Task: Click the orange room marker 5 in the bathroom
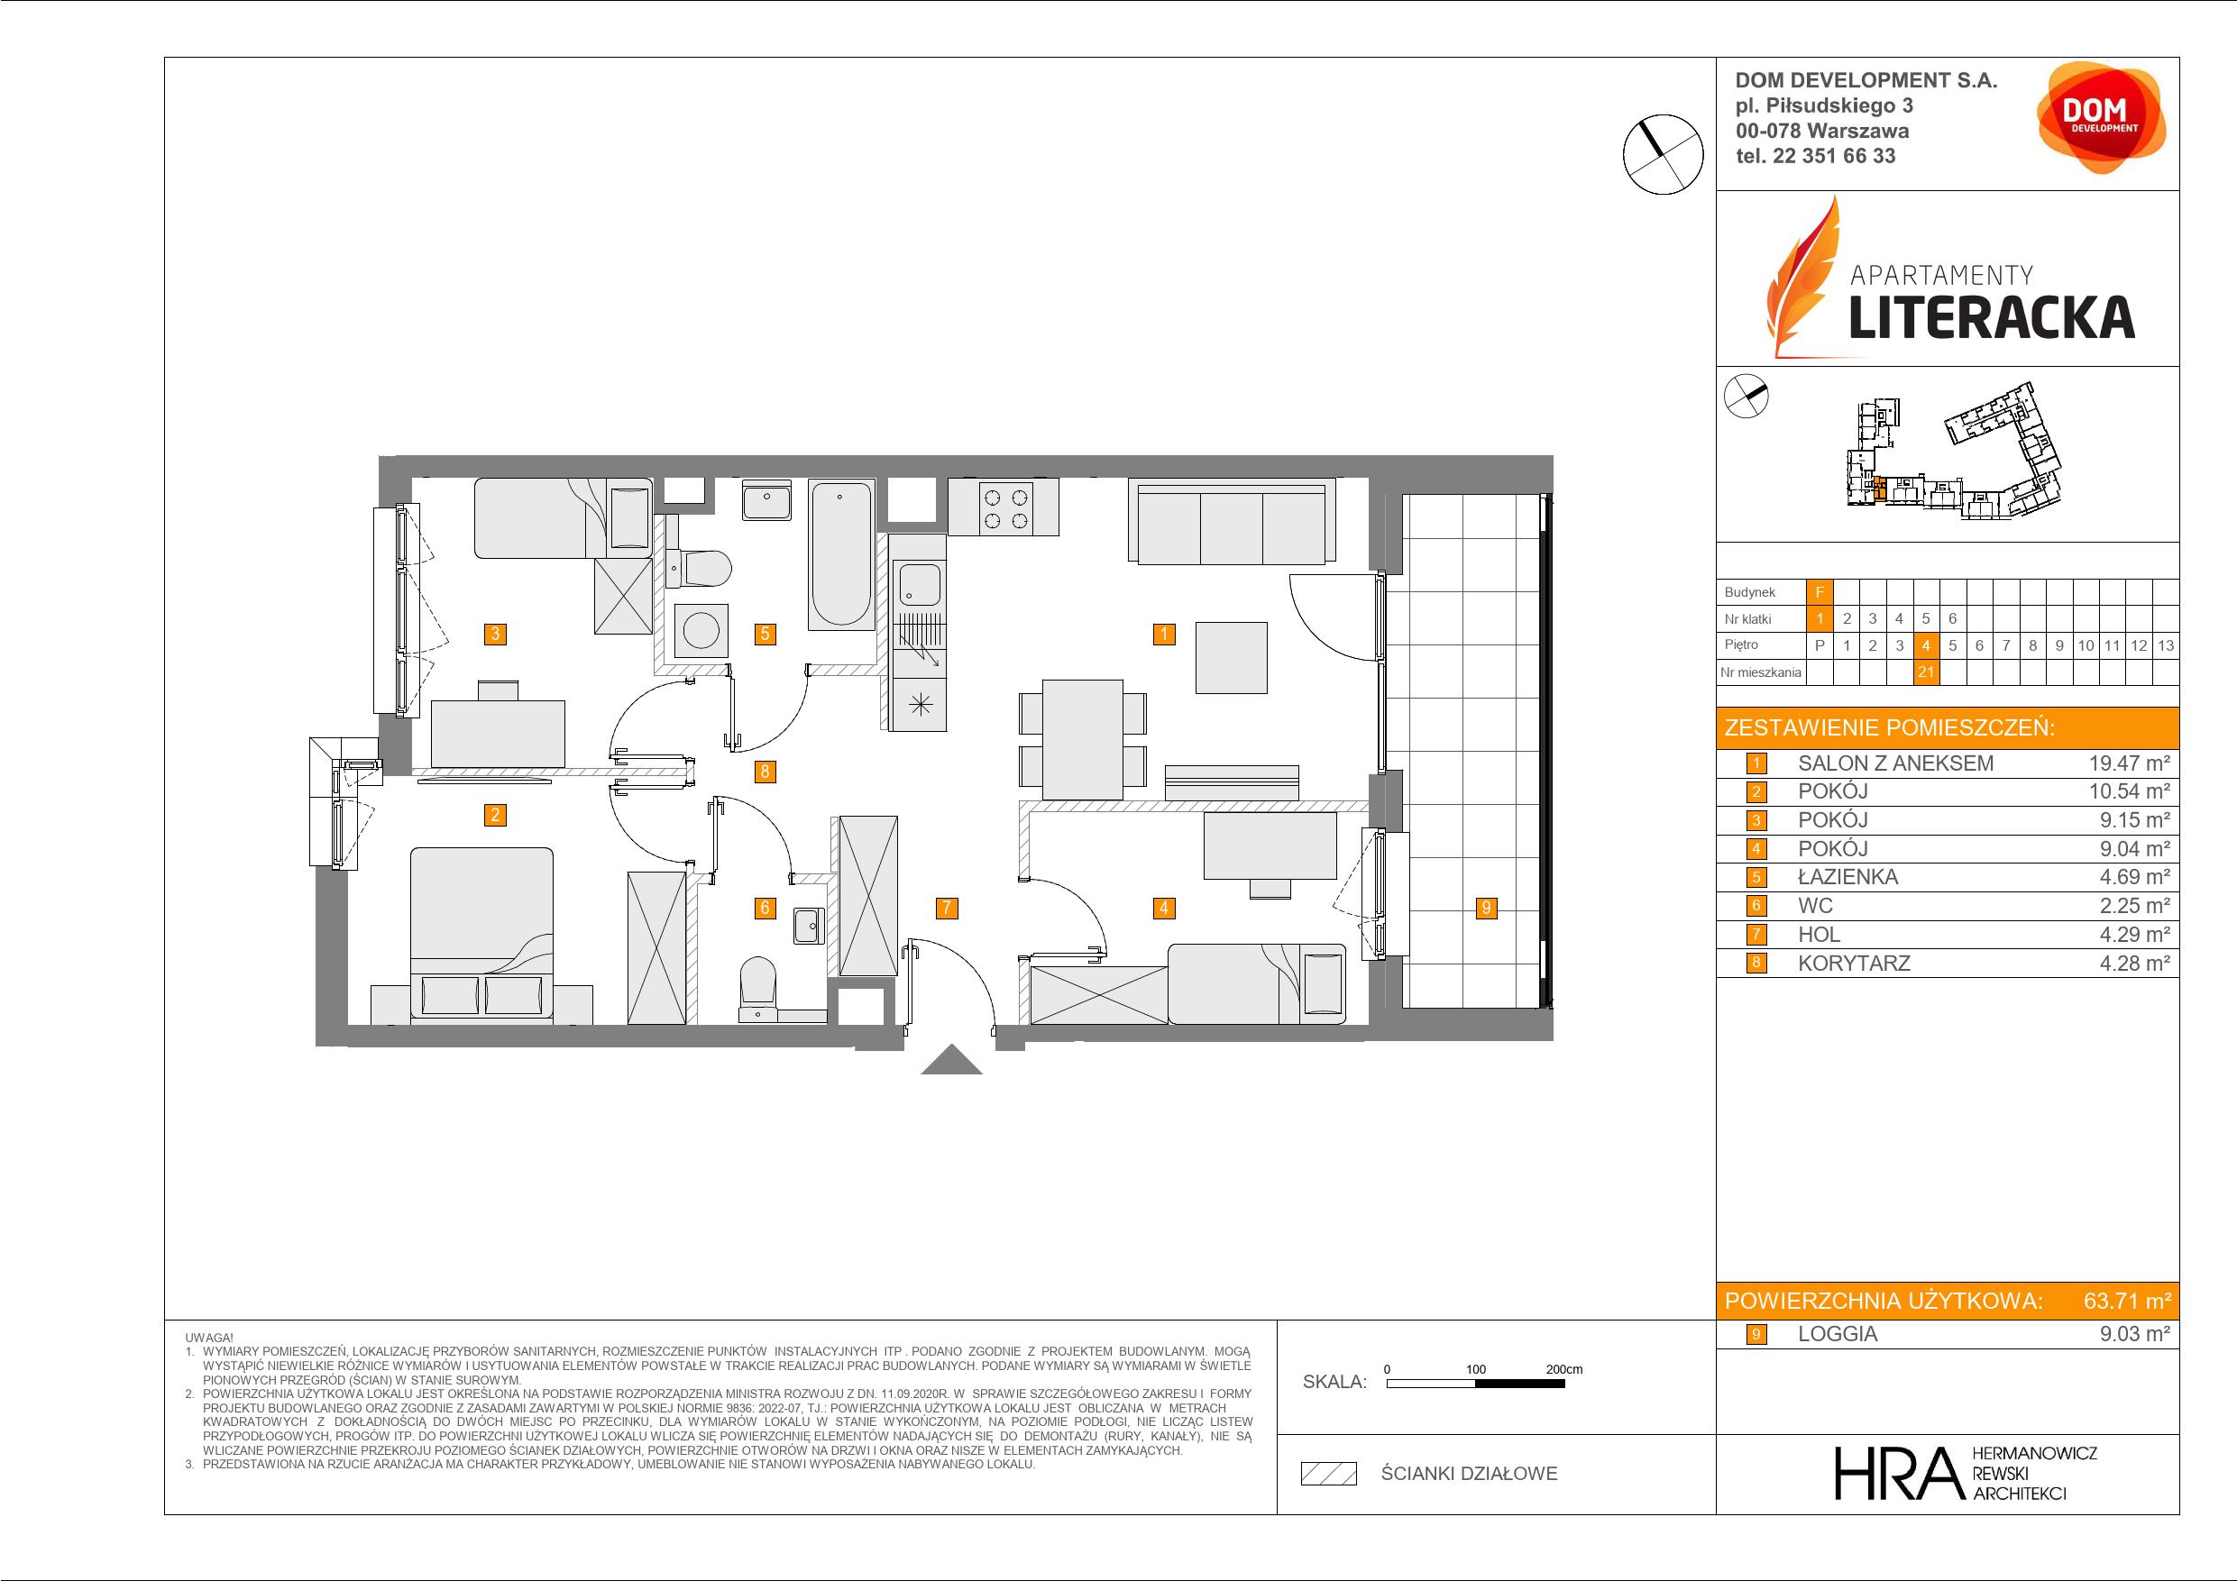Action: click(x=765, y=635)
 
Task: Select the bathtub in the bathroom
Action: click(x=842, y=554)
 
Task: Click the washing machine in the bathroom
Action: click(x=701, y=631)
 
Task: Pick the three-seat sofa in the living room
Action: click(x=1232, y=522)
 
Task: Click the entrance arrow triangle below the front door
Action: click(x=952, y=1060)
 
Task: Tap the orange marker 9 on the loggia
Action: click(x=1486, y=908)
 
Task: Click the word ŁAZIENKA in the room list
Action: click(x=1847, y=877)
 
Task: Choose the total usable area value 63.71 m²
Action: click(x=2128, y=1301)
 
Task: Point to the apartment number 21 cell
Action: click(x=1925, y=672)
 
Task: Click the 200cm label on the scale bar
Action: click(x=1563, y=1368)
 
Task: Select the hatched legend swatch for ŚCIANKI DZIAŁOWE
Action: click(x=1329, y=1474)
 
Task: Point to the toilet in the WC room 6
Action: click(x=759, y=987)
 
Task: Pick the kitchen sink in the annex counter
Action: click(x=919, y=583)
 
